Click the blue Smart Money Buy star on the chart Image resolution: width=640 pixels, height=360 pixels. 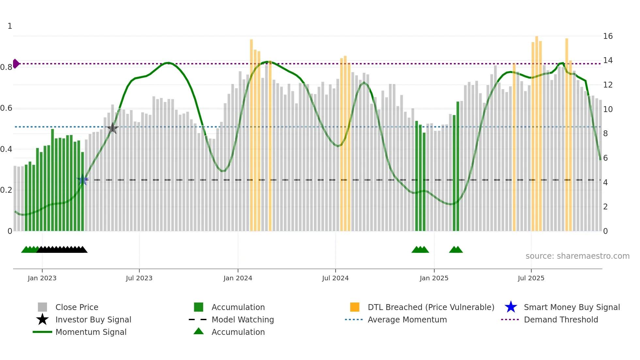click(83, 180)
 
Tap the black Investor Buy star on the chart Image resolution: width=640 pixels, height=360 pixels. click(112, 128)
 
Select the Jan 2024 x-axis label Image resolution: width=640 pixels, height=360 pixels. click(238, 278)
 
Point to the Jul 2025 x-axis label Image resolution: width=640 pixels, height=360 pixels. click(531, 278)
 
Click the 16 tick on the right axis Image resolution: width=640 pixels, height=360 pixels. click(608, 36)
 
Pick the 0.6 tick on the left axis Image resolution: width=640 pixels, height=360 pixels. click(7, 108)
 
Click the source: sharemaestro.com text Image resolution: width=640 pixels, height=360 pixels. click(577, 256)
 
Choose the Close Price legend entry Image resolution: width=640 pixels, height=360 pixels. click(77, 307)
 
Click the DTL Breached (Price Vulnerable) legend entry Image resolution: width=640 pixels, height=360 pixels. click(431, 307)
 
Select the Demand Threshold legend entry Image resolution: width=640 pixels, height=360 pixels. click(561, 319)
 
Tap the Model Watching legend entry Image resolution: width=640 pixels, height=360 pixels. click(243, 319)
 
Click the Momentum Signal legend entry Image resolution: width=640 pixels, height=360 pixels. click(91, 332)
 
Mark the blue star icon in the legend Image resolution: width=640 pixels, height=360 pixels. click(511, 307)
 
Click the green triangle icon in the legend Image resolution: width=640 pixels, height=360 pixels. click(199, 331)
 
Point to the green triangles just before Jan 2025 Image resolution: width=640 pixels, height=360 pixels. click(420, 250)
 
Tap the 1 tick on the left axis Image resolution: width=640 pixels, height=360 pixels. click(10, 26)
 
